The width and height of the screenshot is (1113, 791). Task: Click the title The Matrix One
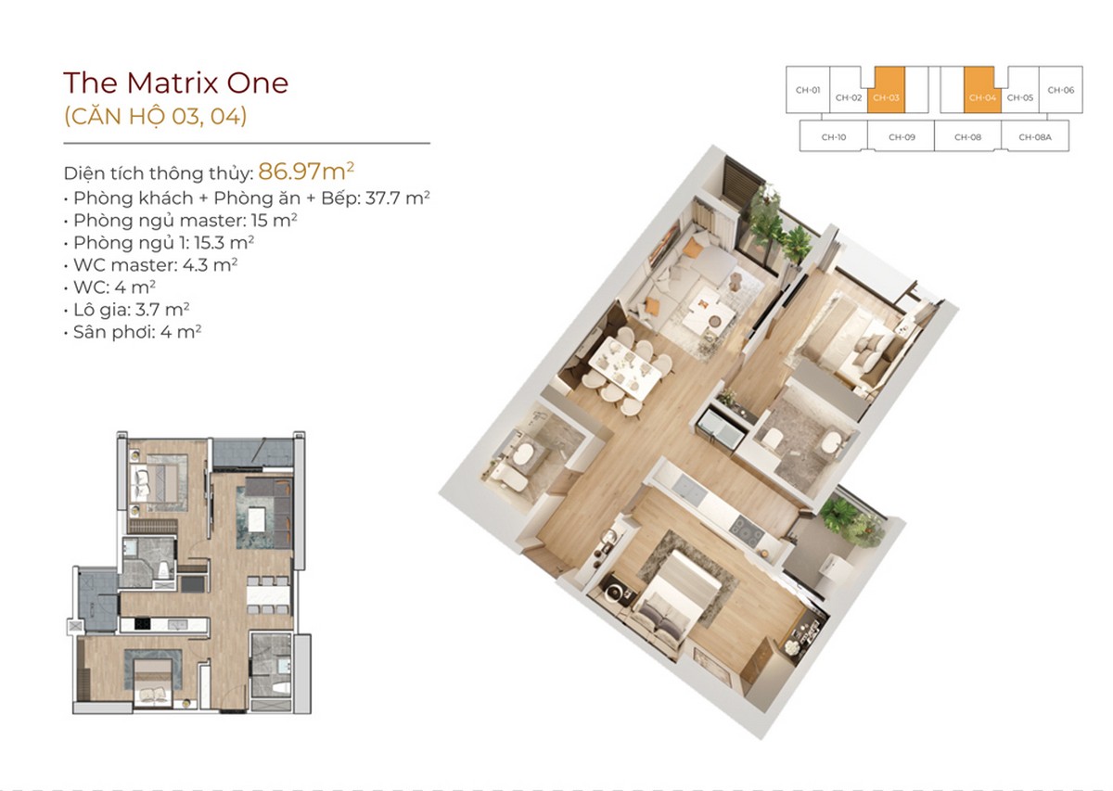click(175, 83)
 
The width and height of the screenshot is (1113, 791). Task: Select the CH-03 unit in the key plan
click(886, 96)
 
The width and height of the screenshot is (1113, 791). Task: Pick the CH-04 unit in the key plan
click(982, 96)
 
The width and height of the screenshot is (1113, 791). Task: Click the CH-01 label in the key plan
click(807, 90)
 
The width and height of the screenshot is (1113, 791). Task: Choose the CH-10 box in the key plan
click(833, 136)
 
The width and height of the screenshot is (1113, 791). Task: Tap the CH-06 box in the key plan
click(1060, 90)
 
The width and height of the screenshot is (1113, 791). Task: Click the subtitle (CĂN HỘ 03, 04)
click(155, 117)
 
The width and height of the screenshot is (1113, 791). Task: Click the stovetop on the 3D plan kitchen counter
click(746, 528)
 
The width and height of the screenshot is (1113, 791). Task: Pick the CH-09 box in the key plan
click(901, 136)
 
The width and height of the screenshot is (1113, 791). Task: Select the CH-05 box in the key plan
click(1020, 96)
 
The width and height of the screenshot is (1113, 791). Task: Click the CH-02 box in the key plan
click(848, 96)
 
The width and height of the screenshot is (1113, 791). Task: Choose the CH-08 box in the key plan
click(967, 136)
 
